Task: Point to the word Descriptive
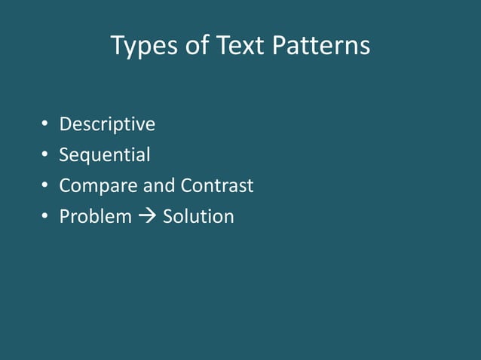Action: point(107,124)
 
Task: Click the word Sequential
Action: point(105,155)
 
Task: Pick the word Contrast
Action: point(217,185)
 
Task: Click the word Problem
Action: point(95,217)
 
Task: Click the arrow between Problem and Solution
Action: point(147,217)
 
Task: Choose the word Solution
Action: point(198,217)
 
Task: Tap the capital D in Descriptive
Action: point(66,124)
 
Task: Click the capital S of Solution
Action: point(168,217)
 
